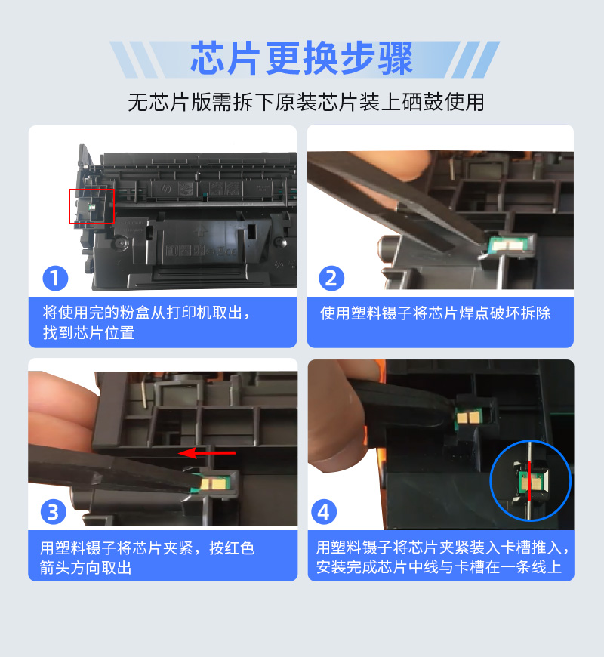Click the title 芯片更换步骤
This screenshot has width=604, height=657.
coord(301,58)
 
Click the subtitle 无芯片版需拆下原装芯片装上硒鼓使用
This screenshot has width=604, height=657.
coord(306,102)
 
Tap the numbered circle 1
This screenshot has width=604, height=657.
coord(55,278)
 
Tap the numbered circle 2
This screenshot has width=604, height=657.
coord(331,278)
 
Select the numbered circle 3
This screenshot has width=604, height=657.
coord(53,512)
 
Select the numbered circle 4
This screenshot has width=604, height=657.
coord(324,512)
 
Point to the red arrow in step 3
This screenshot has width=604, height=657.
coord(207,453)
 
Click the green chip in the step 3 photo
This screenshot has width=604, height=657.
coord(212,483)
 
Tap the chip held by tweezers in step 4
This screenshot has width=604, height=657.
coord(469,417)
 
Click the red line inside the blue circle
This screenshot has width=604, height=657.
coord(529,481)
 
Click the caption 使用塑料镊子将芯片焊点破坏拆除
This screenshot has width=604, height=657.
coord(436,313)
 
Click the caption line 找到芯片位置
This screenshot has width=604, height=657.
coord(88,333)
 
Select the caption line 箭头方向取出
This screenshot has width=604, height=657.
coord(85,568)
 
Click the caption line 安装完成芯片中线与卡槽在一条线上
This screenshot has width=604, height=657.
coord(439,567)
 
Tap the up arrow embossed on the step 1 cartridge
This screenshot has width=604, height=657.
coord(202,230)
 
